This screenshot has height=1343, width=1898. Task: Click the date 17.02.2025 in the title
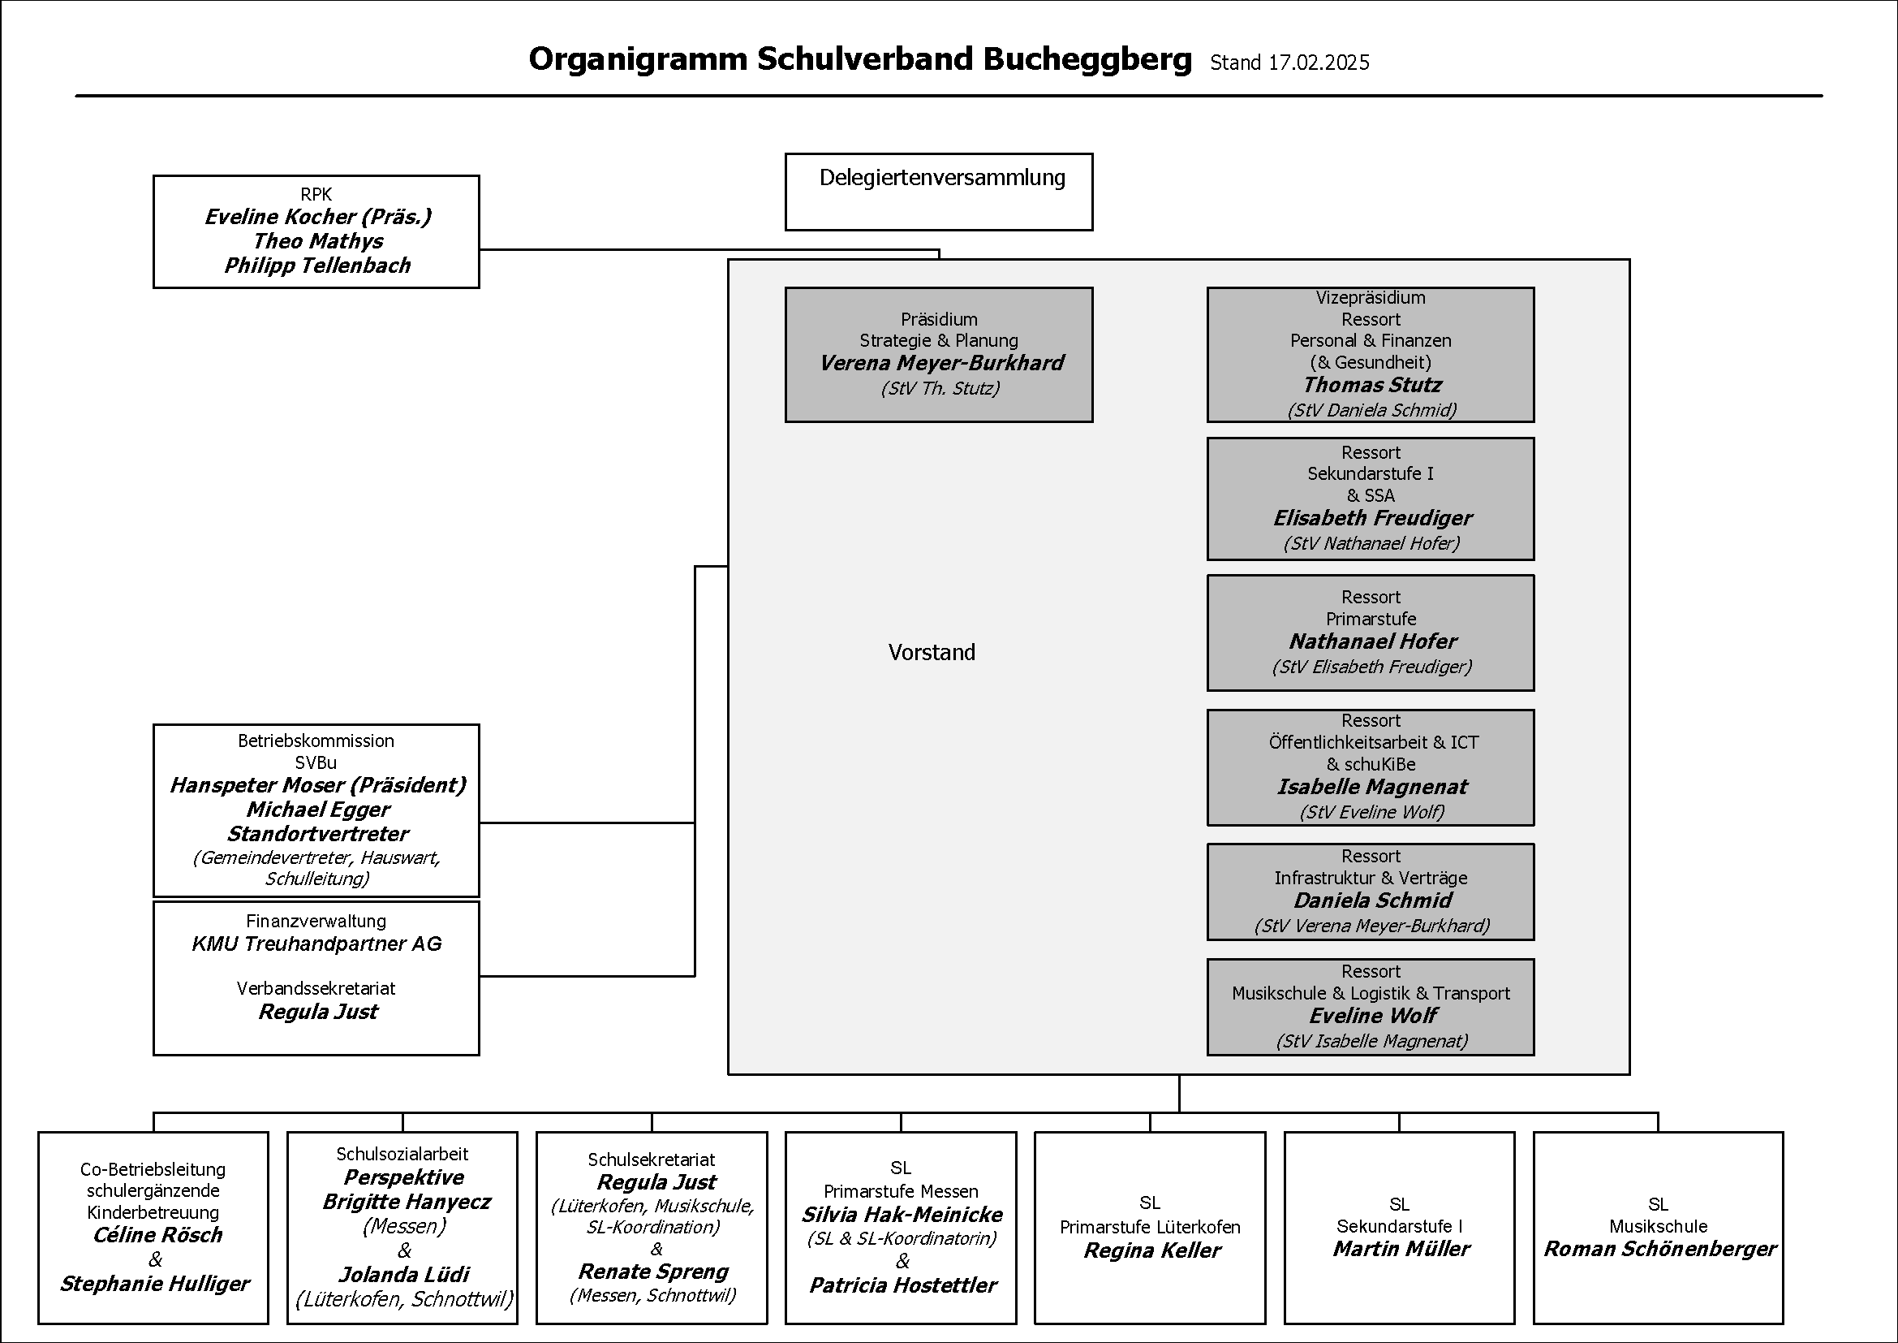[1319, 63]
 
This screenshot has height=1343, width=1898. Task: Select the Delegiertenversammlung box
[938, 192]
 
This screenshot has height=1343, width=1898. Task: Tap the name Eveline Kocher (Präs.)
[317, 217]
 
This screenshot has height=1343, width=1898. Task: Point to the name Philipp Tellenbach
[317, 266]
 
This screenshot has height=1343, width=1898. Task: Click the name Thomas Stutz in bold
[1372, 385]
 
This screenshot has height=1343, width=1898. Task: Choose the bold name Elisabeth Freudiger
[1372, 518]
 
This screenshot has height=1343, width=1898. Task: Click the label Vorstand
[932, 653]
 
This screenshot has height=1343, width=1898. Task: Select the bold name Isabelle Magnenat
[1372, 787]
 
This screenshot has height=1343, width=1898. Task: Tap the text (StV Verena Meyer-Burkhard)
[1372, 926]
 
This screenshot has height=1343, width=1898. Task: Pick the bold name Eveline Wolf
[1372, 1016]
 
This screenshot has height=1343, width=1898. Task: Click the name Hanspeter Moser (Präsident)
[317, 785]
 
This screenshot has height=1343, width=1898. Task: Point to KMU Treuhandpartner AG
[316, 944]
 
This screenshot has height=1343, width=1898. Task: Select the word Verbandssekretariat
[316, 988]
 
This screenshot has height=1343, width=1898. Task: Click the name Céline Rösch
[158, 1235]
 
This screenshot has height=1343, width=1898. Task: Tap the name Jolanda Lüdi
[404, 1274]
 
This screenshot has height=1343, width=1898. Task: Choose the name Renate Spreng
[653, 1271]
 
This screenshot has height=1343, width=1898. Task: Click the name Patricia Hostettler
[902, 1285]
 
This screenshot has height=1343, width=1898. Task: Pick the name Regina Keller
[1151, 1250]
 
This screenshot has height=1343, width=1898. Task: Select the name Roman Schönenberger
[1660, 1249]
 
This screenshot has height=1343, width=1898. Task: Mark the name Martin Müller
[1401, 1249]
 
